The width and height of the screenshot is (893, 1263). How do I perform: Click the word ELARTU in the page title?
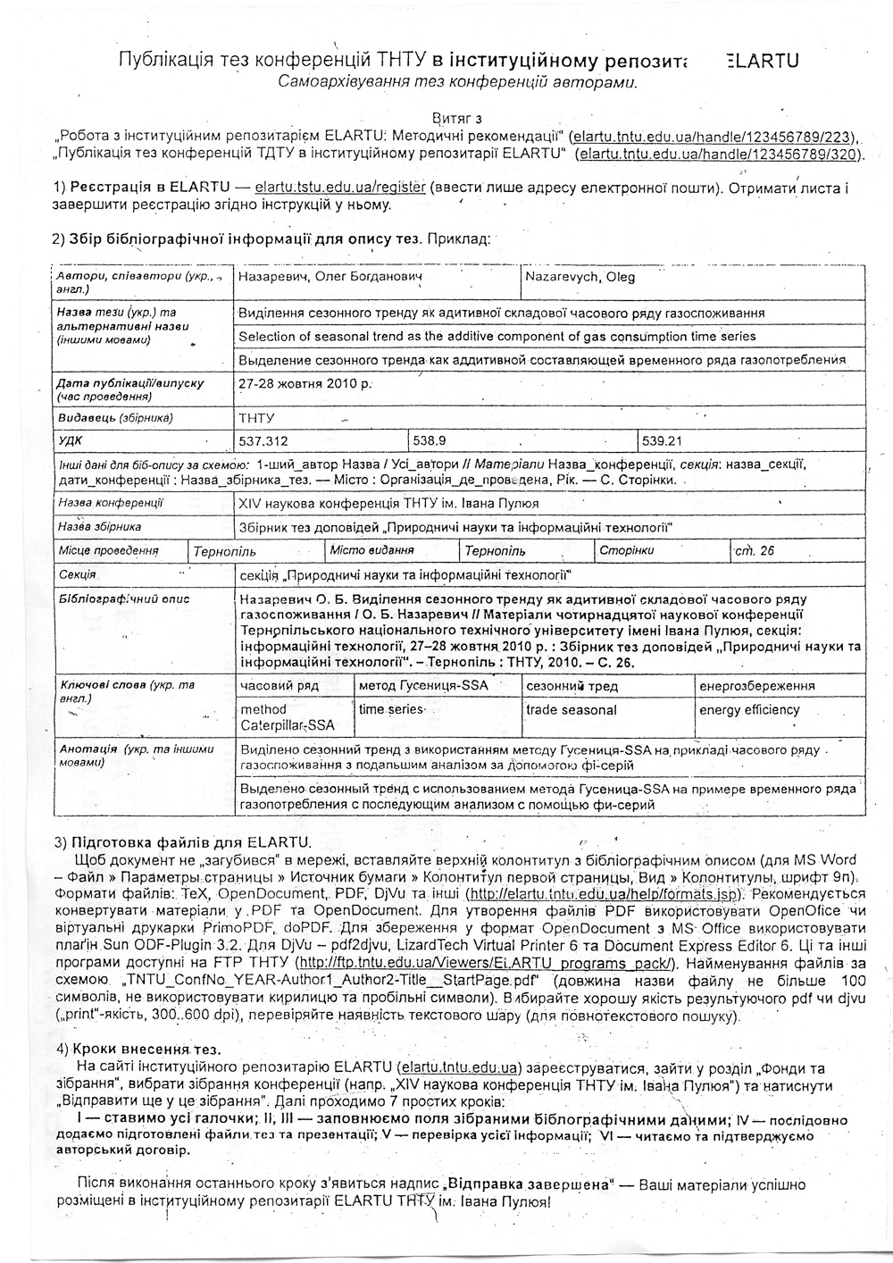pyautogui.click(x=762, y=61)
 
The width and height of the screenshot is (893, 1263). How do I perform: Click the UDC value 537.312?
pyautogui.click(x=264, y=441)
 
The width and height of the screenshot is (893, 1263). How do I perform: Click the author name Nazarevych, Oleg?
pyautogui.click(x=580, y=278)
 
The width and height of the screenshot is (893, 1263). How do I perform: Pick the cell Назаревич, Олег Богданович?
pyautogui.click(x=330, y=278)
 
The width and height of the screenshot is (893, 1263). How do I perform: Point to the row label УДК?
pyautogui.click(x=70, y=441)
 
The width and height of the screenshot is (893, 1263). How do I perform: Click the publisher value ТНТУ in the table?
pyautogui.click(x=256, y=418)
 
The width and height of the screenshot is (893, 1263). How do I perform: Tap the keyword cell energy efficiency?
pyautogui.click(x=749, y=710)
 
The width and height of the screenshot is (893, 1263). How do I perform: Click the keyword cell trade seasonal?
pyautogui.click(x=572, y=710)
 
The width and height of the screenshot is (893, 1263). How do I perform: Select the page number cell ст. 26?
pyautogui.click(x=755, y=551)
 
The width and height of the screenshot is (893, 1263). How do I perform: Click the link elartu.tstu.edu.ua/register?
pyautogui.click(x=339, y=189)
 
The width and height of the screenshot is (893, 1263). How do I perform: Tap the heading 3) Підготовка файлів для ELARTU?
pyautogui.click(x=183, y=842)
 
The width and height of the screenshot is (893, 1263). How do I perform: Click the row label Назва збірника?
pyautogui.click(x=100, y=528)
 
